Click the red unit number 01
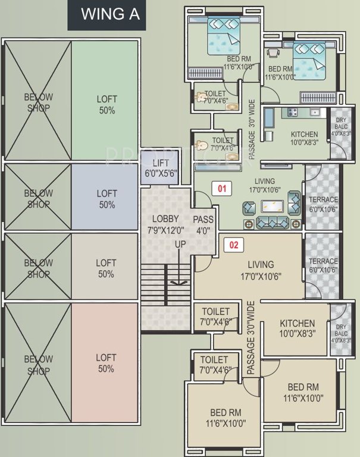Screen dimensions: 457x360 click(x=221, y=189)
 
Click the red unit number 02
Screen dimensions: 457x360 click(x=233, y=244)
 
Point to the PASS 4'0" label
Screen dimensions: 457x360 click(x=203, y=224)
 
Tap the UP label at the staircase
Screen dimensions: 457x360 click(x=180, y=245)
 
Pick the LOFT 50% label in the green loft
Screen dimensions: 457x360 click(x=107, y=105)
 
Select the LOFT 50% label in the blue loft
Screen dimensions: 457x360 click(x=107, y=199)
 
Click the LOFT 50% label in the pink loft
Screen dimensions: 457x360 click(x=106, y=364)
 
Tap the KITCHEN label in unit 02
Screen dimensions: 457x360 click(x=297, y=328)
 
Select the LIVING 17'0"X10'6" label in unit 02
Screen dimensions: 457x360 click(x=258, y=270)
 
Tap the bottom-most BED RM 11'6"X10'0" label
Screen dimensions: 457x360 click(x=226, y=417)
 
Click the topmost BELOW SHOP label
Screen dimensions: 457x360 click(x=38, y=102)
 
